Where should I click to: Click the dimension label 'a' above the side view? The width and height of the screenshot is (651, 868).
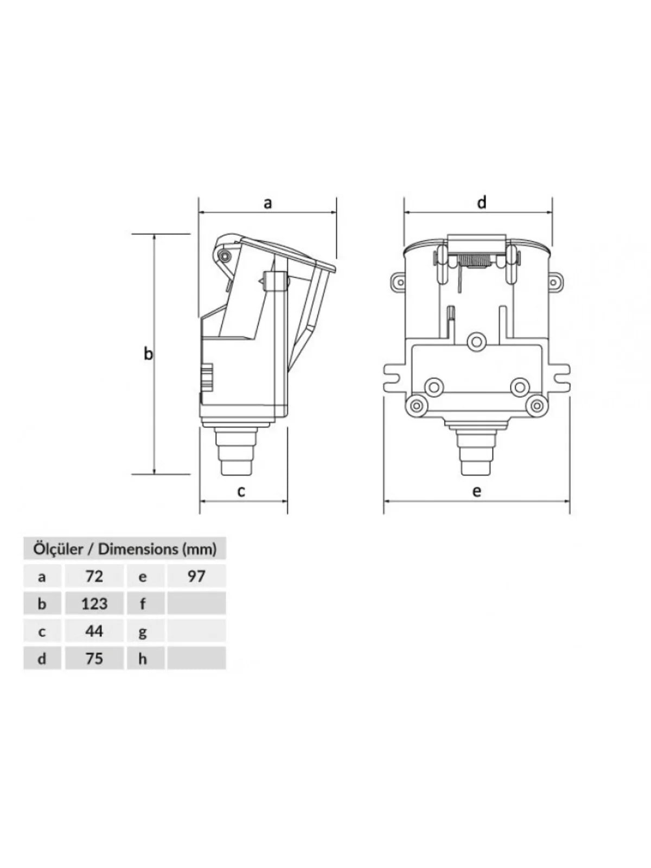pyautogui.click(x=268, y=203)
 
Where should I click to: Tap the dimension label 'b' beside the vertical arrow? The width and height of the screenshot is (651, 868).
pyautogui.click(x=148, y=353)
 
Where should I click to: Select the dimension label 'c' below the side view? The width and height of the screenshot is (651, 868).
pyautogui.click(x=241, y=492)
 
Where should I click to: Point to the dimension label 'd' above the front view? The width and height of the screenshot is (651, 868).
pyautogui.click(x=481, y=202)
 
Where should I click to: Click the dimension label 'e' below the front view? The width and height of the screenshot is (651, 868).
pyautogui.click(x=477, y=492)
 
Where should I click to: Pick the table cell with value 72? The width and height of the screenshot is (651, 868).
pyautogui.click(x=94, y=576)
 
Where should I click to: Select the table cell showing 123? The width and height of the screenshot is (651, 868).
pyautogui.click(x=94, y=603)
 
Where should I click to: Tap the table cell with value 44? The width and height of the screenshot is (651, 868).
pyautogui.click(x=94, y=631)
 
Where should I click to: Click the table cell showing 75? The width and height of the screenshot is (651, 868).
pyautogui.click(x=94, y=658)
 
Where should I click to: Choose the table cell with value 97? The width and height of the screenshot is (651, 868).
pyautogui.click(x=196, y=576)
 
